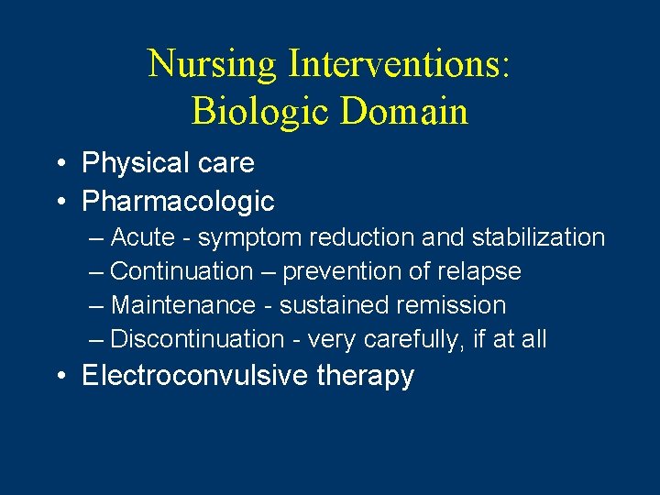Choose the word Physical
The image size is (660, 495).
coord(131,163)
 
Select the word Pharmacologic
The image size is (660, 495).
coord(178,200)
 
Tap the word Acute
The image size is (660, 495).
coord(142,237)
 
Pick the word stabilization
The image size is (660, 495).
coord(538,237)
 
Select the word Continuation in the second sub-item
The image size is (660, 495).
coord(181,271)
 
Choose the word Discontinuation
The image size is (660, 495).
coord(197,339)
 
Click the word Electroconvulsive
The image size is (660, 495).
coord(194,376)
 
